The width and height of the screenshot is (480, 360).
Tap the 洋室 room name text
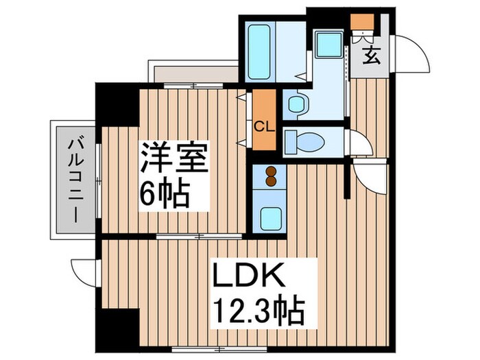coord(173,160)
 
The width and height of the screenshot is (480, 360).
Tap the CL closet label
coord(261,126)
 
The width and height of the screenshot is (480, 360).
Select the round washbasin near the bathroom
coord(296,104)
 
